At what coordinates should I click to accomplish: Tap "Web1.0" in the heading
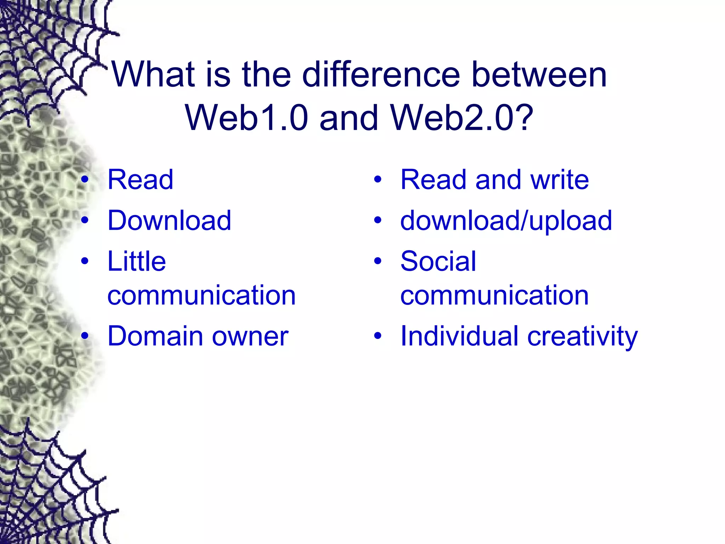[x=247, y=118]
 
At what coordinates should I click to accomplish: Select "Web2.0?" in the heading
[x=462, y=118]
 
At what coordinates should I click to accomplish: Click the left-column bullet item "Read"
[x=141, y=180]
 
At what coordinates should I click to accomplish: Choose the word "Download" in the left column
[x=169, y=220]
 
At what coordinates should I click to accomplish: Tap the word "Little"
[x=137, y=261]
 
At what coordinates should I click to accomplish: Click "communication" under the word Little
[x=201, y=295]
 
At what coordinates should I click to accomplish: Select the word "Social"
[x=438, y=261]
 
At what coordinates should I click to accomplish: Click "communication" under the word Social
[x=495, y=295]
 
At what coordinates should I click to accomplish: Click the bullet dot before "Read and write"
[x=378, y=180]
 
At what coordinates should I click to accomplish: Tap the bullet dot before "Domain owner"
[x=85, y=335]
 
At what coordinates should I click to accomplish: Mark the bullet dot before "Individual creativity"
[x=378, y=335]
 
